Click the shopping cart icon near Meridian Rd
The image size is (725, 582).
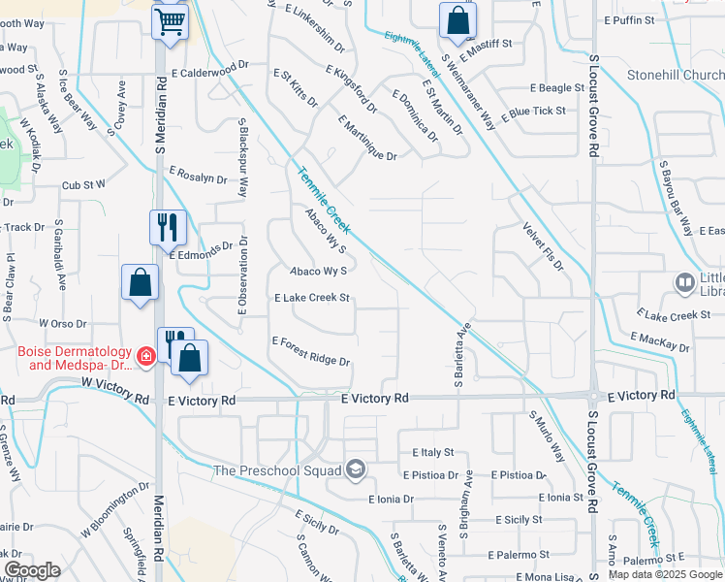[170, 20]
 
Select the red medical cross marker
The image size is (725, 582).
[145, 357]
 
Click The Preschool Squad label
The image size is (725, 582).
[279, 471]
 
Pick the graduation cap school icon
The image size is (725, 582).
[356, 470]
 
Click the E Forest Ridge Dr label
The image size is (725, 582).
[310, 351]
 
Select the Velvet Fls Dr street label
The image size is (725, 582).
[544, 245]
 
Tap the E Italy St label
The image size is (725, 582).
[432, 453]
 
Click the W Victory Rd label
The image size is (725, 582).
[114, 399]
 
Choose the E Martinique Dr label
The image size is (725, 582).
[367, 138]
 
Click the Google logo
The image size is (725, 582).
[32, 570]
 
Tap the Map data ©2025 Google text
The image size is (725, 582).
[664, 574]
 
